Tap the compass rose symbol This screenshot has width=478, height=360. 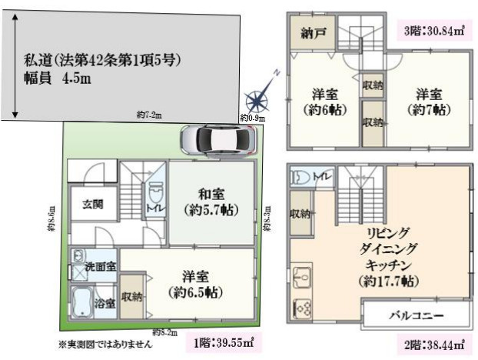click(x=256, y=99)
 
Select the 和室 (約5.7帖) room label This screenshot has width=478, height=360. click(x=209, y=202)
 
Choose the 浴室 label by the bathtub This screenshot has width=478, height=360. click(x=105, y=304)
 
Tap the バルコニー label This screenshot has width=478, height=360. click(x=416, y=315)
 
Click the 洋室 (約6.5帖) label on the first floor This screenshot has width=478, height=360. click(x=195, y=284)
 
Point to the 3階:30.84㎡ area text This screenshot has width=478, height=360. click(x=435, y=32)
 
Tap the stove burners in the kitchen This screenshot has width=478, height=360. click(x=300, y=307)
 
